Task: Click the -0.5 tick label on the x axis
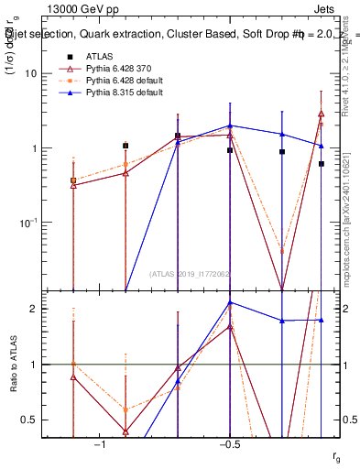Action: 229,444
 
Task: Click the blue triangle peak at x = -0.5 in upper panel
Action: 230,125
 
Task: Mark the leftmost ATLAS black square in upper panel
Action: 73,180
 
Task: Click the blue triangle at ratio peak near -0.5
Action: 230,302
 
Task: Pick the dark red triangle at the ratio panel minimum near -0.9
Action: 125,431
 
